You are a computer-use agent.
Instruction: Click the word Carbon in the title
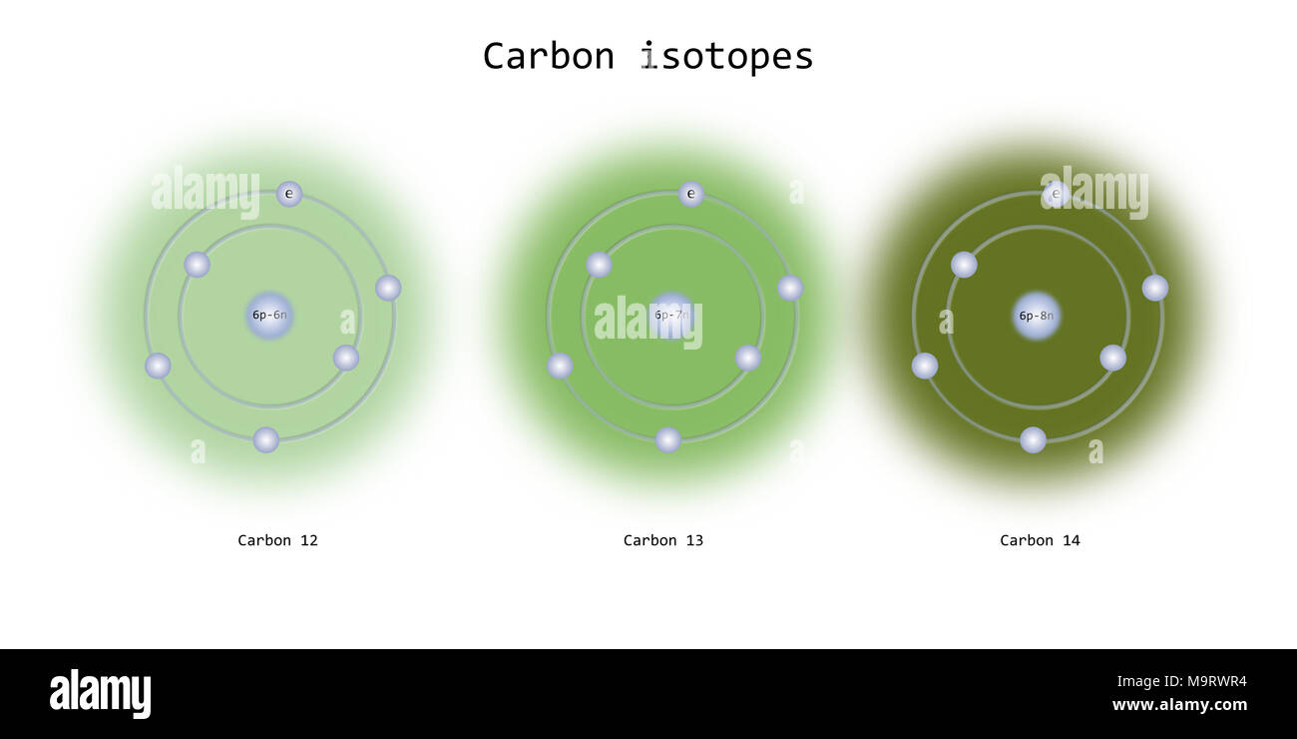[x=548, y=56]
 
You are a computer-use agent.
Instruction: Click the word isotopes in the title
[x=726, y=56]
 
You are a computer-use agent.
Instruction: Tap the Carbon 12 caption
[x=277, y=540]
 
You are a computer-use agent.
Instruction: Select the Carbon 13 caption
[x=663, y=540]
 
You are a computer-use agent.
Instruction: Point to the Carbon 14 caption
[x=1040, y=540]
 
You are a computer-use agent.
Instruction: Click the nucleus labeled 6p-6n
[x=269, y=316]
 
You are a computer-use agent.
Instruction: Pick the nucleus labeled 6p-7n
[x=671, y=316]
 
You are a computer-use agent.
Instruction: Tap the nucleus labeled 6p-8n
[x=1037, y=316]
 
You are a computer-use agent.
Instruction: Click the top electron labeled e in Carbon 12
[x=289, y=194]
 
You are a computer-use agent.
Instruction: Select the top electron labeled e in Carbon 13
[x=691, y=194]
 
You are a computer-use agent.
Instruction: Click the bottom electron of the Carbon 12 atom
[x=266, y=439]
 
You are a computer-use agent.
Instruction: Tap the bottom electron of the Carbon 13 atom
[x=668, y=439]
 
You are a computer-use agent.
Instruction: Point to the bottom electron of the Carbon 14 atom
[x=1033, y=439]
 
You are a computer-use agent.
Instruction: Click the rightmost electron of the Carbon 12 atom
[x=388, y=288]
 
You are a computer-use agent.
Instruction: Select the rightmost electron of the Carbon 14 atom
[x=1154, y=288]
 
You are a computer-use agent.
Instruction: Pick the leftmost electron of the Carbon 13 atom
[x=560, y=366]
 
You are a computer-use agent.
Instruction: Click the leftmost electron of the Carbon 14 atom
[x=925, y=366]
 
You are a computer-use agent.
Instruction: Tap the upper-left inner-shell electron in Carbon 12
[x=198, y=265]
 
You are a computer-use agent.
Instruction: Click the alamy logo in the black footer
[x=100, y=694]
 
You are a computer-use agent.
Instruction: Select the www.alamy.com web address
[x=1179, y=705]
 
